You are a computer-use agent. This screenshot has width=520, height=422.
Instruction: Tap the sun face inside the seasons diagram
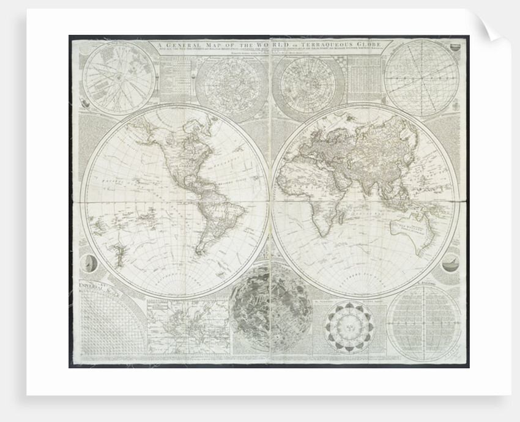(349, 327)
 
